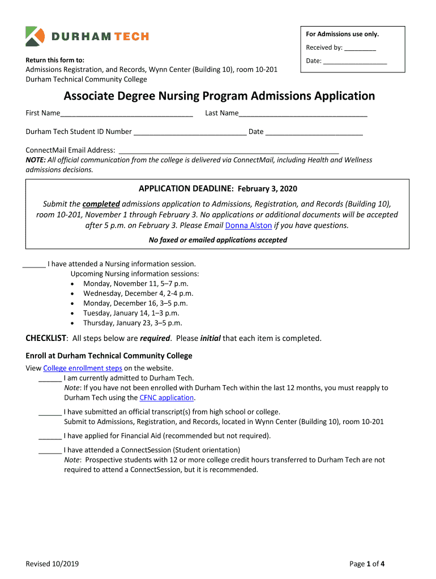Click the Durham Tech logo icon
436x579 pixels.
(x=35, y=36)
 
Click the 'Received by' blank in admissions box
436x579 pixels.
(x=360, y=49)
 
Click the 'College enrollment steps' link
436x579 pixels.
(x=83, y=369)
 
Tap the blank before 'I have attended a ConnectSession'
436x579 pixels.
(x=50, y=451)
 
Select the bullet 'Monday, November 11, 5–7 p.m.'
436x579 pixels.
(x=136, y=284)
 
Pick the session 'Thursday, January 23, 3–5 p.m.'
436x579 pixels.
(x=132, y=323)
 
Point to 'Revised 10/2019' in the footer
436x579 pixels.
(x=52, y=564)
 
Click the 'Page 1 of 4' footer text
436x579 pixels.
(x=367, y=564)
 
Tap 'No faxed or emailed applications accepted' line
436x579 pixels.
(x=218, y=240)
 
